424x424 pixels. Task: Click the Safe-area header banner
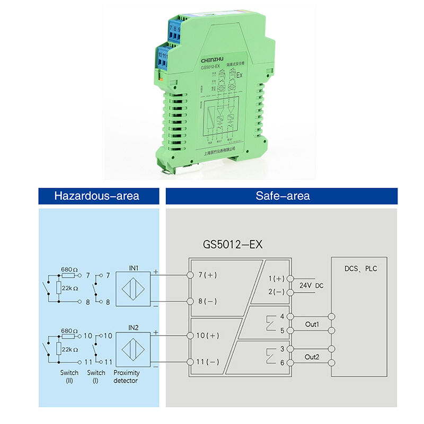282,196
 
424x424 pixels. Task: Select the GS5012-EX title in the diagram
233,245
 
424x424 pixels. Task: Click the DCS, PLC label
360,269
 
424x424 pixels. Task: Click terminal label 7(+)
208,276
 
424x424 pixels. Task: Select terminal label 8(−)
208,301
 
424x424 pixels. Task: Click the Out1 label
312,324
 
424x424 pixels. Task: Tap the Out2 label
312,357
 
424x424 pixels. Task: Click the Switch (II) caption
69,376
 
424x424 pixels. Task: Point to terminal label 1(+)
276,278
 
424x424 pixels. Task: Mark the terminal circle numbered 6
289,363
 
